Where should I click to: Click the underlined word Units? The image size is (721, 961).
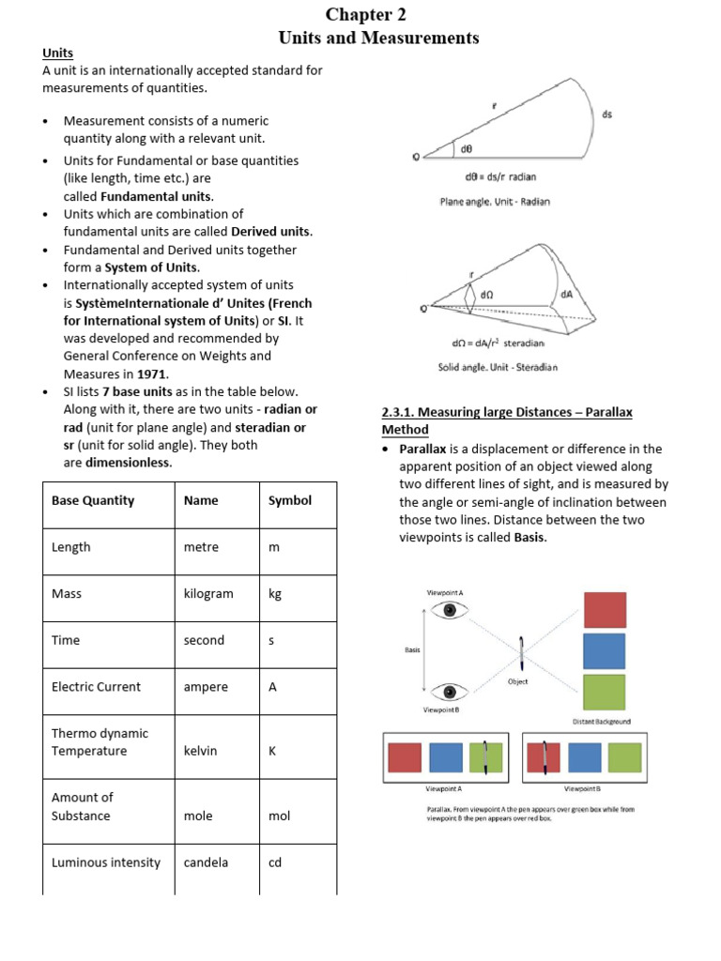pyautogui.click(x=57, y=53)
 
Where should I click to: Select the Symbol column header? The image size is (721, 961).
pyautogui.click(x=289, y=500)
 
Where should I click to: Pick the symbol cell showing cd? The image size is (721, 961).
pyautogui.click(x=275, y=862)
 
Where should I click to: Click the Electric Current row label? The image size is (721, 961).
pyautogui.click(x=96, y=687)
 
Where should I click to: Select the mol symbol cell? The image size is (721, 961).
pyautogui.click(x=279, y=816)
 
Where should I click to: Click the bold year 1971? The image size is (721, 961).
pyautogui.click(x=153, y=374)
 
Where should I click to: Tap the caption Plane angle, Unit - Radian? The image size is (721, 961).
pyautogui.click(x=495, y=201)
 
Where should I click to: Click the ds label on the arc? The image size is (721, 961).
pyautogui.click(x=607, y=114)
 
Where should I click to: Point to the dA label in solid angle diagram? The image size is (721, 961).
pyautogui.click(x=566, y=294)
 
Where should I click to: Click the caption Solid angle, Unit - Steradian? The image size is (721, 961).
pyautogui.click(x=497, y=367)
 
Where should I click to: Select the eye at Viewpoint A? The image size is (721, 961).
pyautogui.click(x=451, y=610)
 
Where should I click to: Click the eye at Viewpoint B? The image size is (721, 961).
pyautogui.click(x=451, y=693)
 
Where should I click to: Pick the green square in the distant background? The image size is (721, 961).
pyautogui.click(x=605, y=692)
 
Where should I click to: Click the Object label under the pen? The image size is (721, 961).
pyautogui.click(x=517, y=681)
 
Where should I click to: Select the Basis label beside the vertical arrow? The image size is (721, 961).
pyautogui.click(x=412, y=649)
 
